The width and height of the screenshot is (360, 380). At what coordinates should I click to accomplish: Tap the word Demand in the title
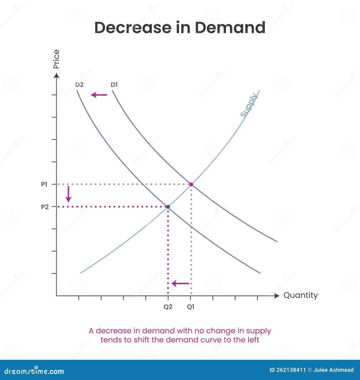coord(230,28)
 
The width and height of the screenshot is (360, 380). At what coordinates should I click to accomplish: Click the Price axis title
coord(56,59)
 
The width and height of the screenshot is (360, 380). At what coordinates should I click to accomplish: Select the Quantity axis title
coord(300,295)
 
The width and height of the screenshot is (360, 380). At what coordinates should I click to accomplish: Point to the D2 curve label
coord(80,85)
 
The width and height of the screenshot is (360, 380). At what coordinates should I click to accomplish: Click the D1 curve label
coord(115,85)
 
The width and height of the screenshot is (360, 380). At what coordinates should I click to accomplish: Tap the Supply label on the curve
coord(249,105)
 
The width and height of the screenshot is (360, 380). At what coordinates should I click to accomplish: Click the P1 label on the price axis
coord(44,184)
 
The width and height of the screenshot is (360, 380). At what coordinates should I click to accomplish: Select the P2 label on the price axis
coord(44,207)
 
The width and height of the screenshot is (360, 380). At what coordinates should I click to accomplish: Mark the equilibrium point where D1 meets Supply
coord(191,184)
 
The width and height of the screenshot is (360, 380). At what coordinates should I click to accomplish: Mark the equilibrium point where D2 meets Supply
coord(168,207)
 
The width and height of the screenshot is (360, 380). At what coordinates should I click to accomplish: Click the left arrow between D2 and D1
coord(99,95)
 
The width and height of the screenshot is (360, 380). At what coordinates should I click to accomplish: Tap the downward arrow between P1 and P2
coord(68,194)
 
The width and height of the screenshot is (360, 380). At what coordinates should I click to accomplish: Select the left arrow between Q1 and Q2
coord(180,283)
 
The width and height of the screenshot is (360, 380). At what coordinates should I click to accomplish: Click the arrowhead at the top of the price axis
coord(56,76)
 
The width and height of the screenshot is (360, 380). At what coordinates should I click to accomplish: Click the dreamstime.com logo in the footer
coord(34,371)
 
